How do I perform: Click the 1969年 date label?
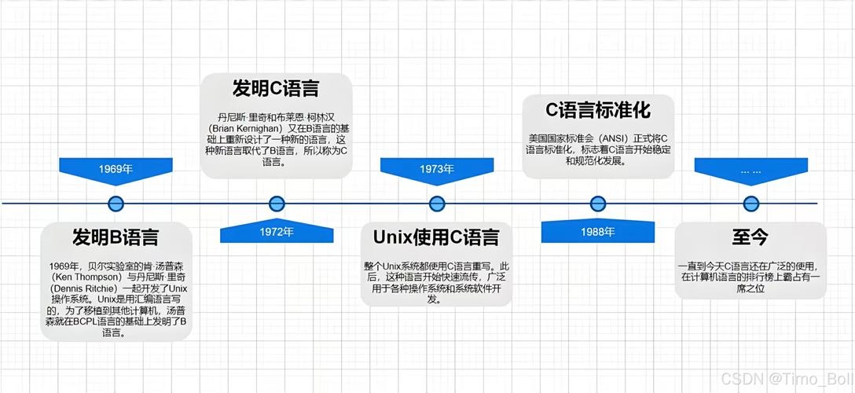tap(116, 168)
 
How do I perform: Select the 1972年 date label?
tap(277, 232)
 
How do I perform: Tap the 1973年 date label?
tap(437, 168)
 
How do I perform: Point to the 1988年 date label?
tap(598, 232)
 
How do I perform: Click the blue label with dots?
tap(750, 168)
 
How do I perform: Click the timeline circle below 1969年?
tap(116, 204)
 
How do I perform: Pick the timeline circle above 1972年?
tap(277, 204)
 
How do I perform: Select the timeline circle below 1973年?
tap(437, 204)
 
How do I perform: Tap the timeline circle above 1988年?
tap(598, 204)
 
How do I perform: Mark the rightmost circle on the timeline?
tap(750, 204)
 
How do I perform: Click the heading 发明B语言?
tap(116, 237)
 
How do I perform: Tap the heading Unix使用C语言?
tap(436, 237)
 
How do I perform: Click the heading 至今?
tap(750, 237)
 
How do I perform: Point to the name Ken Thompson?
tap(84, 277)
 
